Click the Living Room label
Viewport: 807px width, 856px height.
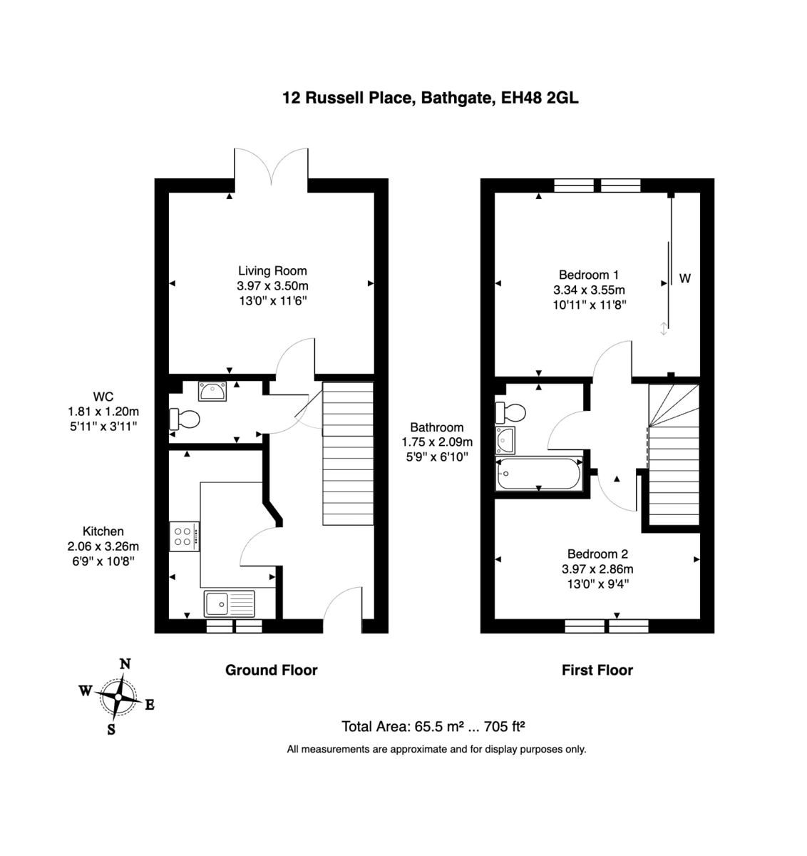pos(272,270)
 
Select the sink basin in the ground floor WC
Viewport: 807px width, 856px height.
pos(212,390)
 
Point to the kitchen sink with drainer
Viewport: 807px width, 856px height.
pos(229,603)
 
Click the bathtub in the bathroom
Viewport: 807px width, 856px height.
pos(539,473)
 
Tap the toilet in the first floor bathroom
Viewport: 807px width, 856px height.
pos(510,412)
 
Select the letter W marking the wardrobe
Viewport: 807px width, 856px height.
pos(684,278)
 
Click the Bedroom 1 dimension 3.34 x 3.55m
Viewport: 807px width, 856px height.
pos(589,290)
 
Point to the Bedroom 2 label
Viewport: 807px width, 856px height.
pos(597,554)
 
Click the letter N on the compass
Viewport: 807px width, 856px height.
pos(125,663)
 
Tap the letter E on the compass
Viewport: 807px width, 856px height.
pos(150,705)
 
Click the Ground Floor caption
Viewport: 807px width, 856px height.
pos(271,670)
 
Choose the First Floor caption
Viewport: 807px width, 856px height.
pos(597,670)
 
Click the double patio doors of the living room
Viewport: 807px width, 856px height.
pos(272,166)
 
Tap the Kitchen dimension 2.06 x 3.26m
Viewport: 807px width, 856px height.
pos(103,546)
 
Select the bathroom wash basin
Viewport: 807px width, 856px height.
pos(505,440)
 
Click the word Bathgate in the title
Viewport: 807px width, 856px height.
pos(456,98)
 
